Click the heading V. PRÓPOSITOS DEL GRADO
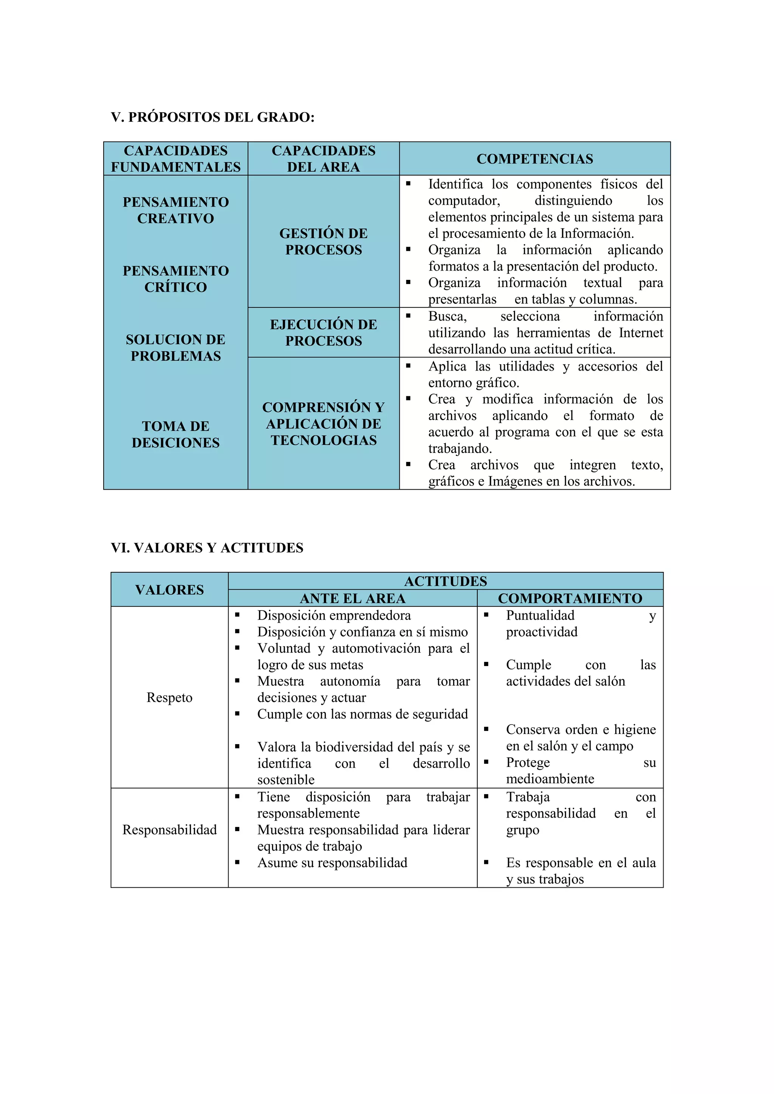212,117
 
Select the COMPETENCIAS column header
535,159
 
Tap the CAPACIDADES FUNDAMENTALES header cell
175,159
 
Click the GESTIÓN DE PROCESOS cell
323,241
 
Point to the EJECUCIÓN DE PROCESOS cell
323,332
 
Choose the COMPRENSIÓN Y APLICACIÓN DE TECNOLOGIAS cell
323,423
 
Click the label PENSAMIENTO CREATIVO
175,210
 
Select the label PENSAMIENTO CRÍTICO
175,279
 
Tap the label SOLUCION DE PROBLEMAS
175,348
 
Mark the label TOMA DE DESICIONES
175,434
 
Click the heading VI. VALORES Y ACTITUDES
207,548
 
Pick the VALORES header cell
169,589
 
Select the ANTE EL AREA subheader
352,598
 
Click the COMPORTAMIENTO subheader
570,598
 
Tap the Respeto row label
169,698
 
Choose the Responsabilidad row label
169,830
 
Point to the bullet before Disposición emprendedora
237,615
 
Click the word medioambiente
550,779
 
